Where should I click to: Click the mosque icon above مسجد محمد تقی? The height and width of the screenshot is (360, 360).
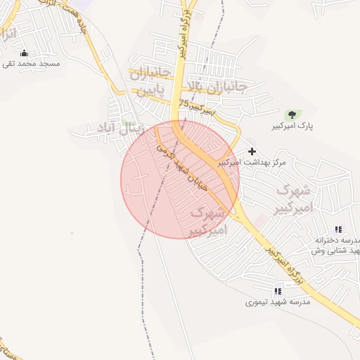pyautogui.click(x=25, y=53)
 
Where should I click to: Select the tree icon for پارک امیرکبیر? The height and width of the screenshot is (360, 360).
pyautogui.click(x=291, y=114)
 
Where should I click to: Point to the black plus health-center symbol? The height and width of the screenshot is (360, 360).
pyautogui.click(x=252, y=151)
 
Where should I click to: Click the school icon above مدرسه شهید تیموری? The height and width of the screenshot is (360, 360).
pyautogui.click(x=278, y=290)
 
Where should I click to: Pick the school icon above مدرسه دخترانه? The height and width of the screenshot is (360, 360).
pyautogui.click(x=338, y=229)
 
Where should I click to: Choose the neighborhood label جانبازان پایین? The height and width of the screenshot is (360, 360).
pyautogui.click(x=149, y=82)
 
